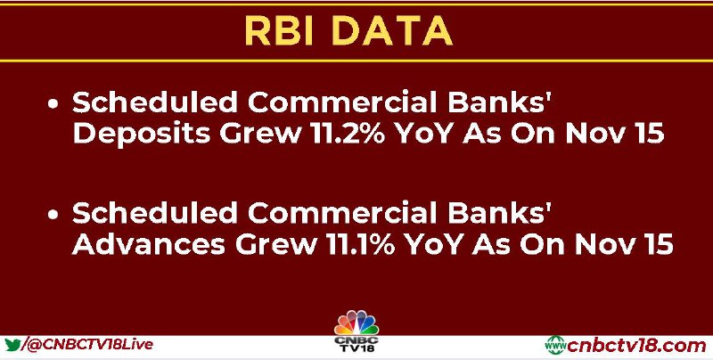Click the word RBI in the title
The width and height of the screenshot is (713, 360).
pos(279,31)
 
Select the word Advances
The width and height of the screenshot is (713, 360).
pos(149,244)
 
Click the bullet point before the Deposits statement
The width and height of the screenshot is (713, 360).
pos(53,104)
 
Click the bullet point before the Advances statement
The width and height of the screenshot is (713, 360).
pos(53,214)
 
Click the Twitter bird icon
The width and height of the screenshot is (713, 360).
pos(12,344)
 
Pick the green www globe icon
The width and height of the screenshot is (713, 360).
pos(555,346)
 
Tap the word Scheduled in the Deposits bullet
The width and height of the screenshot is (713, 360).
pos(154,102)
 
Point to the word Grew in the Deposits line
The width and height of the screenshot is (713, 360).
pos(266,134)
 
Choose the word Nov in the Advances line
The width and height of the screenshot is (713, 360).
pos(604,244)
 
